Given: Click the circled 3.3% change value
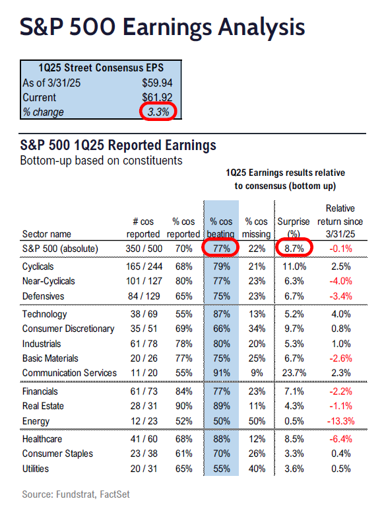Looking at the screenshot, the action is [158, 112].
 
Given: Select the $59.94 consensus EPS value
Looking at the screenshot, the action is [157, 83].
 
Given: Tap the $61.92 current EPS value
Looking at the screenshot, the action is [157, 97].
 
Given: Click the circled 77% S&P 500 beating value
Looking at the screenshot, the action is [222, 249].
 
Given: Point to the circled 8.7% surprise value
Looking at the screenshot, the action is [294, 249].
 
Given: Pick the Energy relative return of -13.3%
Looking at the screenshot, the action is [340, 421].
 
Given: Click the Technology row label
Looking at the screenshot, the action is [44, 314].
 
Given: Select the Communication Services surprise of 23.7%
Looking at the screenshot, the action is [294, 373].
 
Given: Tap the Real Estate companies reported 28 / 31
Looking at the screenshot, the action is [144, 406].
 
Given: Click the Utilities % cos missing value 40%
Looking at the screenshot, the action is [257, 469].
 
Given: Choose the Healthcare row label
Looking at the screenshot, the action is [42, 439].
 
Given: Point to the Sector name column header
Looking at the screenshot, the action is [46, 234].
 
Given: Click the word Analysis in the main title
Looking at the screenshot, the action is [261, 27].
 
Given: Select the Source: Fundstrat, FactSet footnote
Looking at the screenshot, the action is [76, 494].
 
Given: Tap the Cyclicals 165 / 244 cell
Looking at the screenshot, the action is [144, 266].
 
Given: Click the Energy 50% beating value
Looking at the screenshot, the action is [222, 421].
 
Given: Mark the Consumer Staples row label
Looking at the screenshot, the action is [57, 453].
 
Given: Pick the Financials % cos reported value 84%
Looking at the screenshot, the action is [183, 391].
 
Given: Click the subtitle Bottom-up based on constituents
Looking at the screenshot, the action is [101, 161].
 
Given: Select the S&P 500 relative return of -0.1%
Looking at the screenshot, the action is [340, 249].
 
